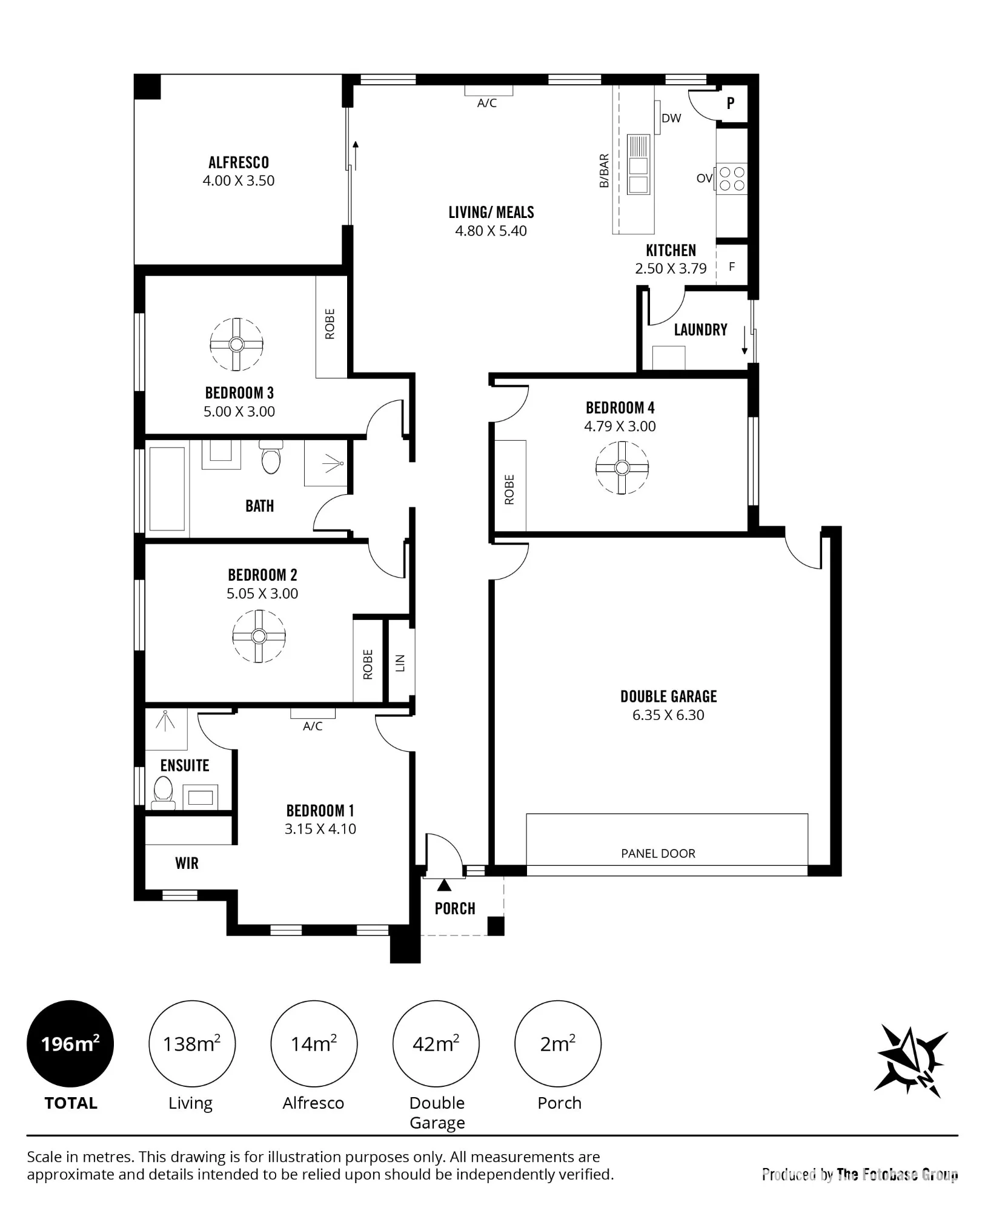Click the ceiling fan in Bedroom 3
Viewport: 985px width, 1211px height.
[237, 344]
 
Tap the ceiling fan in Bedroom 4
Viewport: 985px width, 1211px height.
[622, 467]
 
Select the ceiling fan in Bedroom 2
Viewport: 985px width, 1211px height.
[259, 636]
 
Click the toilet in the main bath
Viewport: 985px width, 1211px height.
[271, 458]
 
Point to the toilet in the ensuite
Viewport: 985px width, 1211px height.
[163, 792]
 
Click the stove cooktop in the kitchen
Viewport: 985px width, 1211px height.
[732, 179]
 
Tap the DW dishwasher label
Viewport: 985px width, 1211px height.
[671, 118]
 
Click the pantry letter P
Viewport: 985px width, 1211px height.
[731, 103]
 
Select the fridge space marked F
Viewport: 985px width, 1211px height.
[732, 266]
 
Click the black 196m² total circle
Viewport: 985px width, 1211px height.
[70, 1044]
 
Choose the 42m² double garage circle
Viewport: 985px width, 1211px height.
[436, 1044]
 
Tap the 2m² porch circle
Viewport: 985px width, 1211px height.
[558, 1044]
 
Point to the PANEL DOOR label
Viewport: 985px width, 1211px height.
[658, 853]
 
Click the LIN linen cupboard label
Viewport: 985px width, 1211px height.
[400, 663]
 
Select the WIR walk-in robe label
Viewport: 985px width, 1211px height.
[187, 863]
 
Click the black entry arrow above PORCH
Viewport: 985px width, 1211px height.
[445, 885]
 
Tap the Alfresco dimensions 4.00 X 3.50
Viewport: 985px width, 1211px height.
[239, 180]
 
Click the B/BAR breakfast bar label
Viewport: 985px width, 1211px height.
[604, 171]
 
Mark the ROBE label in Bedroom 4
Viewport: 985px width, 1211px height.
[509, 489]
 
